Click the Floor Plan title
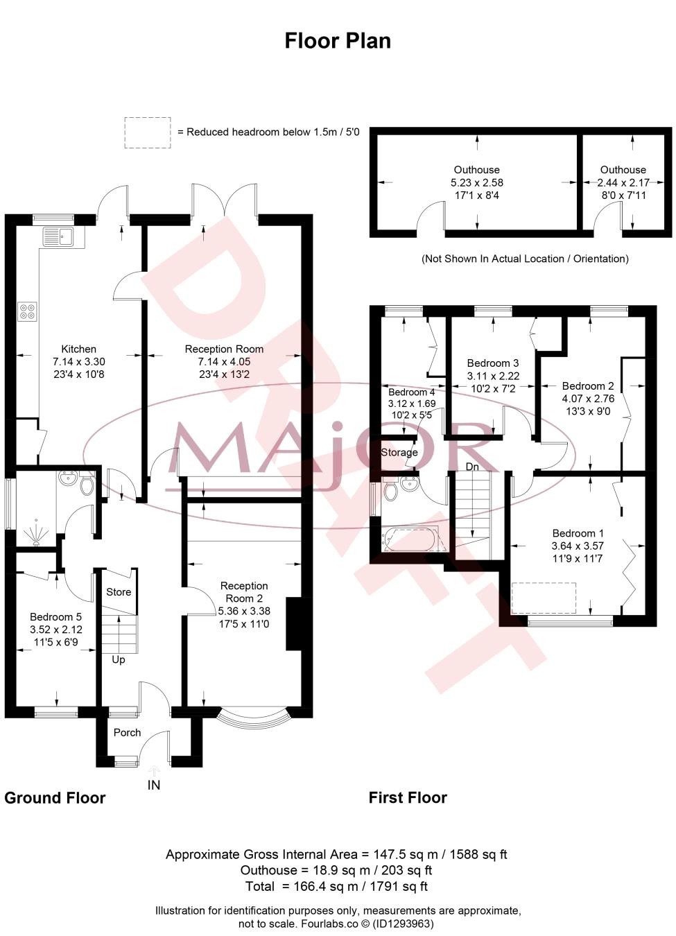click(338, 41)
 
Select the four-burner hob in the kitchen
click(28, 311)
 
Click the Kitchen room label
click(78, 349)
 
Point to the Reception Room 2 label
click(244, 591)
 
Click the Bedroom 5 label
click(55, 617)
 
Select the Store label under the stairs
click(119, 591)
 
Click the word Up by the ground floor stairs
click(119, 659)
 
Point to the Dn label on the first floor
click(472, 467)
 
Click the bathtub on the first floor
click(411, 539)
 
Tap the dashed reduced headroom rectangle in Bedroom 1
click(544, 598)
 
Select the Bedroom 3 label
click(492, 363)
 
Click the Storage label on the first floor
click(399, 452)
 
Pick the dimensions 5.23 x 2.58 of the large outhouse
click(477, 182)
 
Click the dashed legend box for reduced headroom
click(148, 132)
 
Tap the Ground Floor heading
click(55, 797)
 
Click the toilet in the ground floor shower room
click(87, 485)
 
